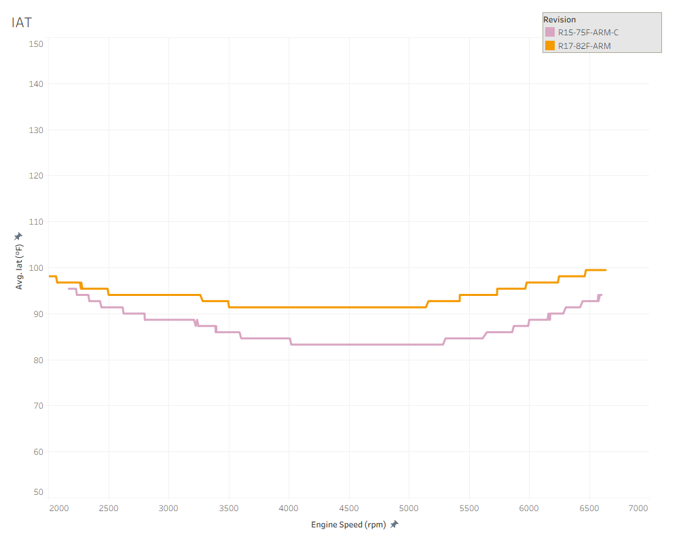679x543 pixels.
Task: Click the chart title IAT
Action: click(x=21, y=22)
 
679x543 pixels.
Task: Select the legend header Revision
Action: click(x=559, y=20)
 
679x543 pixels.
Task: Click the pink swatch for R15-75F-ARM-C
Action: click(x=550, y=33)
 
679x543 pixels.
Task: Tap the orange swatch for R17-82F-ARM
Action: click(x=550, y=45)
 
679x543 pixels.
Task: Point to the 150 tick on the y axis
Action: click(x=36, y=43)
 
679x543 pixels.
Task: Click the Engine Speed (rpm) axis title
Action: click(x=348, y=525)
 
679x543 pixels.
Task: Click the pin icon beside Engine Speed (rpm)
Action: click(x=394, y=524)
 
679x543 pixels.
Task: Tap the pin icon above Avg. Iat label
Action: click(x=19, y=236)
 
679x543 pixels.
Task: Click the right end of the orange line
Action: click(x=606, y=270)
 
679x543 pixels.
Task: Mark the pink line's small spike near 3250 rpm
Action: click(x=197, y=321)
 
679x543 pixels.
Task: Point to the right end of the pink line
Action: click(x=601, y=295)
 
